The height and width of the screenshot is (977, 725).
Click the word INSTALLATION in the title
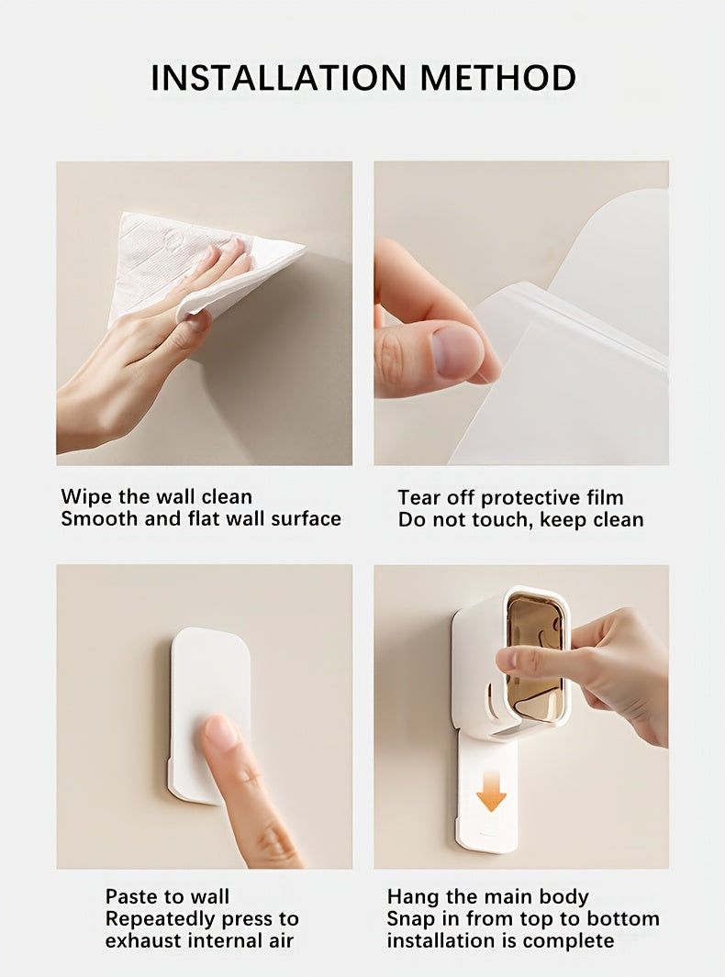point(280,78)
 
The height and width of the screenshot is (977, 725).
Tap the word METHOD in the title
point(498,78)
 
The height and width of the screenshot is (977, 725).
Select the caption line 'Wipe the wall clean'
point(157,496)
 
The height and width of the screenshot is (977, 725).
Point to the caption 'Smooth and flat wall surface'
point(201,518)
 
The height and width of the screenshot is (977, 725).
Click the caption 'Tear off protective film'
point(510,497)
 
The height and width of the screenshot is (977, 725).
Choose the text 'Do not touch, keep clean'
point(520,519)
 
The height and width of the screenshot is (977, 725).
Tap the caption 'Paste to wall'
point(167,896)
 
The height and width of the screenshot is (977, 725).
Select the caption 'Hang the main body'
point(487,896)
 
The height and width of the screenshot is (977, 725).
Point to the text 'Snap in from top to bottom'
point(522,918)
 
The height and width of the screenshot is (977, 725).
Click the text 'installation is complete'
point(500,940)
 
